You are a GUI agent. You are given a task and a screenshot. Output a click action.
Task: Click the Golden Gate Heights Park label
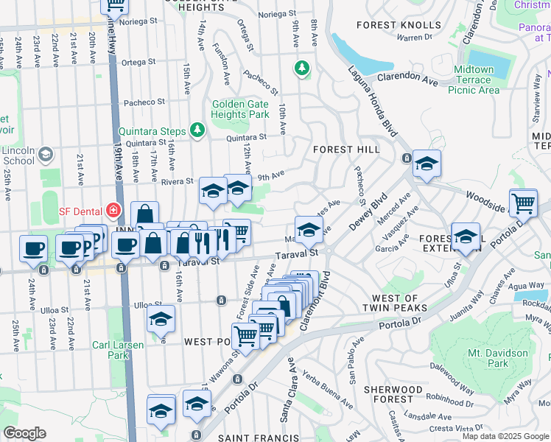point(240,110)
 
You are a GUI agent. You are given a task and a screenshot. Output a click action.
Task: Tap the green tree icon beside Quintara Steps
point(197,130)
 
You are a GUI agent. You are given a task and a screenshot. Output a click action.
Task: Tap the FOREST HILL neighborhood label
point(346,150)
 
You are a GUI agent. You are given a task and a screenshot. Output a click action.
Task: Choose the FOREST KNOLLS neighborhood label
point(388,25)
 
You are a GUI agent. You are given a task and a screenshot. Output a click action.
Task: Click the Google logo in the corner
point(24,433)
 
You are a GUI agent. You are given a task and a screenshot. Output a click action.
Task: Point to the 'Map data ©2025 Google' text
point(505,436)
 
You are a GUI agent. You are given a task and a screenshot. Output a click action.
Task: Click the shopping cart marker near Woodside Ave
point(523,201)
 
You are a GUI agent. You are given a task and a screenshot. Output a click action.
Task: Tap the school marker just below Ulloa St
point(161,318)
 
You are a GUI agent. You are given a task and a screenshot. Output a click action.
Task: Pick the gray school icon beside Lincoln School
point(46,154)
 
